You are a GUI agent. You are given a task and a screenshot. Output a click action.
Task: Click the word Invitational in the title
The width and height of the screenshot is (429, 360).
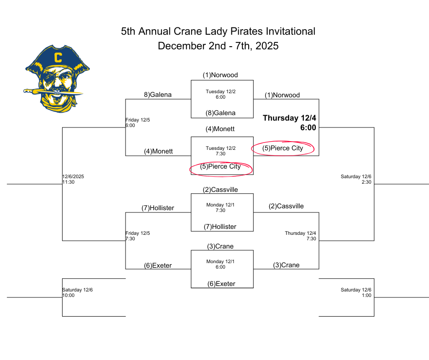click(291, 31)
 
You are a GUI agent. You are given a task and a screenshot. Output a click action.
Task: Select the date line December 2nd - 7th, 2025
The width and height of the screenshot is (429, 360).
click(218, 46)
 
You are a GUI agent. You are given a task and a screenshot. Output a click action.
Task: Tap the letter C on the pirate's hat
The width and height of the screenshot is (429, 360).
click(58, 58)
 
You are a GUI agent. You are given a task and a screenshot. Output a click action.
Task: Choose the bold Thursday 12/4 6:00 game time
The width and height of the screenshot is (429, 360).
click(289, 123)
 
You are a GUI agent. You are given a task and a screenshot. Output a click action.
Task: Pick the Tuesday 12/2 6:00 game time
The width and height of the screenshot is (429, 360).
click(220, 94)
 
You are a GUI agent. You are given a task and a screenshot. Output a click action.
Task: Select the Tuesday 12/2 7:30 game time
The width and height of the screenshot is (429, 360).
click(220, 151)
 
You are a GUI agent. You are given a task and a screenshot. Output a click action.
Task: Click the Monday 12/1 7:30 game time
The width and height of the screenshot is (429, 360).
click(220, 208)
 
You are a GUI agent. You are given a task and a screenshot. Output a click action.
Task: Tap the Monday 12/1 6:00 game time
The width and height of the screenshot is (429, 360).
click(220, 265)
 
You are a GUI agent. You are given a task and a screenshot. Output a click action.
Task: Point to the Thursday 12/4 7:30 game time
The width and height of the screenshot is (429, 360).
click(300, 236)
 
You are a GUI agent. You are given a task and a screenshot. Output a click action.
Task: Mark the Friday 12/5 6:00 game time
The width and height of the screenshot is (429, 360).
click(138, 122)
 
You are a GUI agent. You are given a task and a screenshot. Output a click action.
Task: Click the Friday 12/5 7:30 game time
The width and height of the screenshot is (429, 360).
click(138, 236)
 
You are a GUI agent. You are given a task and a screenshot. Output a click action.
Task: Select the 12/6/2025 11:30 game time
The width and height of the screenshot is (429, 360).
click(73, 179)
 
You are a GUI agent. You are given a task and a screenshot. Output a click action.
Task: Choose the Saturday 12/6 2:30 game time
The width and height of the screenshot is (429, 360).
click(356, 179)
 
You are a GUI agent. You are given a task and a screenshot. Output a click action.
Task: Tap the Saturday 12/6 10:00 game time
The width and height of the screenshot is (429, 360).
click(78, 292)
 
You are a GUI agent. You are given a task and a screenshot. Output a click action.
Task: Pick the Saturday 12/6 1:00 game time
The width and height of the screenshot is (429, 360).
click(356, 292)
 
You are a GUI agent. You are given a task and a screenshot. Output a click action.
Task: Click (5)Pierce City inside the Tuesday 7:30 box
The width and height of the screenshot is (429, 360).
click(220, 167)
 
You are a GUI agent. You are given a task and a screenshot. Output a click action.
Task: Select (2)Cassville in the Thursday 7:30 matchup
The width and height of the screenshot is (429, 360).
click(286, 206)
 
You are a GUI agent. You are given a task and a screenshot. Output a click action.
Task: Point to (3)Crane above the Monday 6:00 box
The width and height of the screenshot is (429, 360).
click(220, 246)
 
